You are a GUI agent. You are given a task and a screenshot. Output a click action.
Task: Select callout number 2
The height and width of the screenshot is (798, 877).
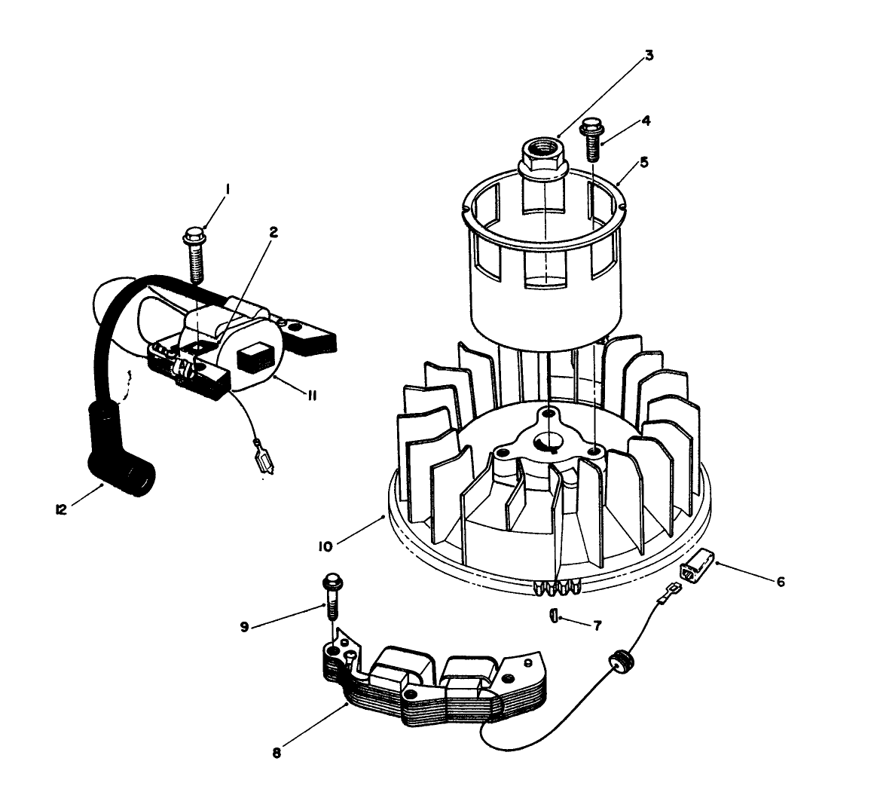point(274,233)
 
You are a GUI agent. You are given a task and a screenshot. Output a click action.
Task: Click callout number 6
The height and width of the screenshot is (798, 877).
point(781,582)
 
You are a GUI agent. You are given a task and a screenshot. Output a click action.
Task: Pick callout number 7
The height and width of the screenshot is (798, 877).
point(597,625)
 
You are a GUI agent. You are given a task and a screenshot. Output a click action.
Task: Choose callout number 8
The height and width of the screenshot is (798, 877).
point(277,753)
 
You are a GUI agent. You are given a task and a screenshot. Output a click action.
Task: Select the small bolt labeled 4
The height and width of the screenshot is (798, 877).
point(592,139)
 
